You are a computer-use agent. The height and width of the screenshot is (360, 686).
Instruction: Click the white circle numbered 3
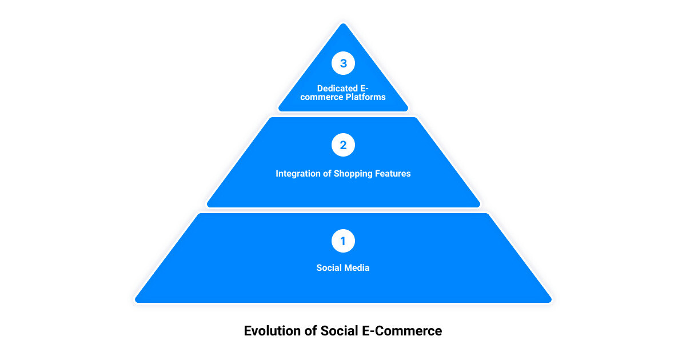coord(343,63)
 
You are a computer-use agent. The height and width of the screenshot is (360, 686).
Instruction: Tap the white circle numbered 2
coord(343,145)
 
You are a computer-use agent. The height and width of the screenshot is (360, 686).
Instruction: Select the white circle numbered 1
coord(343,241)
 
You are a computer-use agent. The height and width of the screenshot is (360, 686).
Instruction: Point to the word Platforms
coord(365,97)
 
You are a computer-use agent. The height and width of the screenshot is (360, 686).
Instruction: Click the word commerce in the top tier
coord(321,97)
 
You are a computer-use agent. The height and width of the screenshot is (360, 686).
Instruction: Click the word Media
coord(356,268)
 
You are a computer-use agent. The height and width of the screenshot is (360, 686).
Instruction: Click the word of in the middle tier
coord(327,174)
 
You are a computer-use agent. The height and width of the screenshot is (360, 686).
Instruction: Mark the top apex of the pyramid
coord(344,23)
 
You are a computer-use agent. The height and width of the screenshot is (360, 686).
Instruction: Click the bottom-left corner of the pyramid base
coord(135,302)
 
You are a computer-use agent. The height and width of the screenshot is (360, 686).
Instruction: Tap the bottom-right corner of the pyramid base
coord(551,302)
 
